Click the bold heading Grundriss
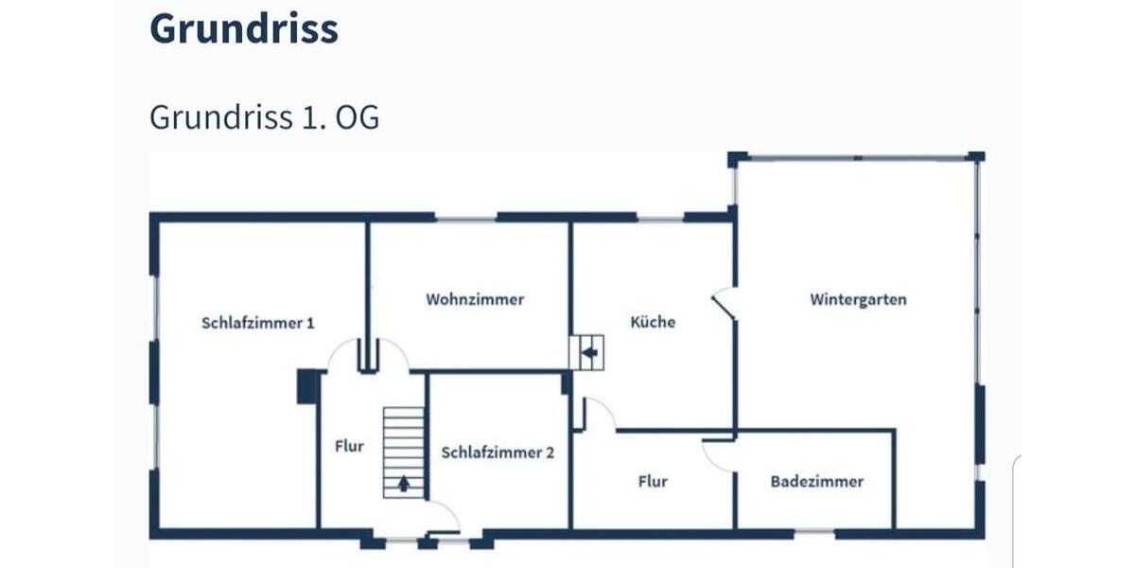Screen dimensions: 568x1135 pyautogui.click(x=243, y=29)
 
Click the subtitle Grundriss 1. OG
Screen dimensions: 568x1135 pyautogui.click(x=264, y=117)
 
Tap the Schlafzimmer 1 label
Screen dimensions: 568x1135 pyautogui.click(x=257, y=323)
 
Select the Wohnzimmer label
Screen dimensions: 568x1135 pyautogui.click(x=474, y=299)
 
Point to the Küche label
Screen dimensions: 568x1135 pyautogui.click(x=653, y=322)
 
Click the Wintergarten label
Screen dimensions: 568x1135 pyautogui.click(x=858, y=299)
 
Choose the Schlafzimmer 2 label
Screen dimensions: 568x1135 pyautogui.click(x=498, y=453)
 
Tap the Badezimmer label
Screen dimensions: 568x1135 pyautogui.click(x=816, y=481)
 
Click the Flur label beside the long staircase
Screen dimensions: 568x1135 pyautogui.click(x=349, y=447)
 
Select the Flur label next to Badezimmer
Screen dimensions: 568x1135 pyautogui.click(x=653, y=481)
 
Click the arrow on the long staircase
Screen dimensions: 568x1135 pyautogui.click(x=404, y=484)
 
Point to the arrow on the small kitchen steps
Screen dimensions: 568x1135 pyautogui.click(x=590, y=353)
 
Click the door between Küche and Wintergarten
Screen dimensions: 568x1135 pyautogui.click(x=725, y=303)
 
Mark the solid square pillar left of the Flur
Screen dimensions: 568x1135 pyautogui.click(x=306, y=386)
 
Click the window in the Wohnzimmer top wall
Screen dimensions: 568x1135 pyautogui.click(x=466, y=218)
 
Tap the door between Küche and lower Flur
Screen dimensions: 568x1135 pyautogui.click(x=598, y=414)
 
